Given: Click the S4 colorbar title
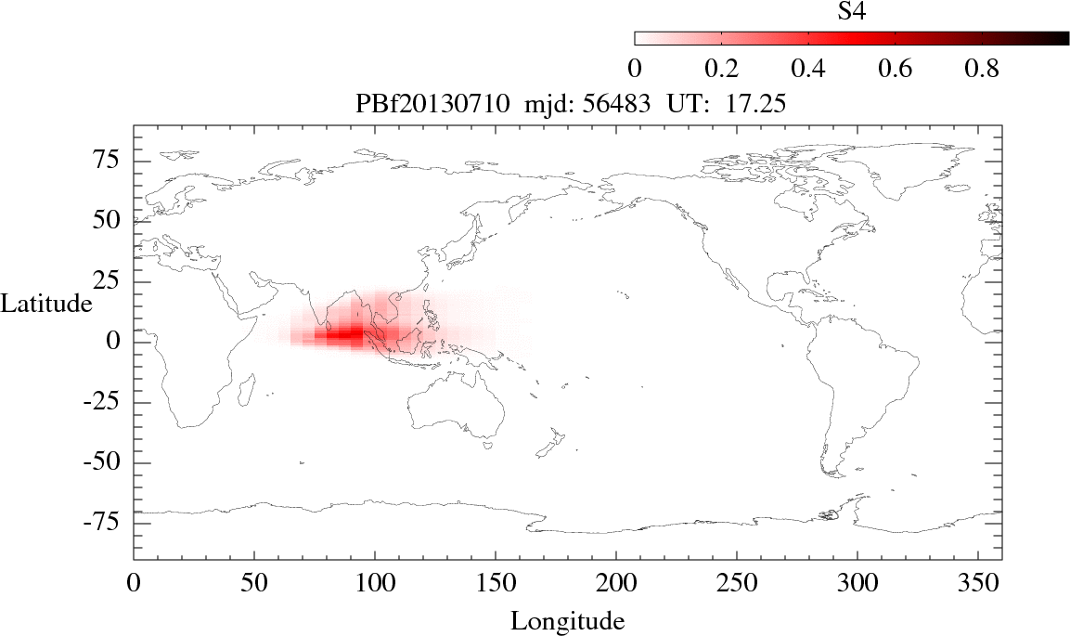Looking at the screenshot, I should pos(852,11).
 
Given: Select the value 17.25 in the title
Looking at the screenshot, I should pos(757,105).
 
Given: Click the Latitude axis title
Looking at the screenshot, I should pos(46,304).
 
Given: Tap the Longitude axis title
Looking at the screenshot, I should pos(567,620).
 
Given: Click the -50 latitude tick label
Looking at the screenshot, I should pos(108,462).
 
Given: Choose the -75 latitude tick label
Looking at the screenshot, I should pos(108,523).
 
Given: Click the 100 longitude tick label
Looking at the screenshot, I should pos(375,585).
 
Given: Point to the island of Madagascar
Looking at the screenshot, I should pos(248,389).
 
